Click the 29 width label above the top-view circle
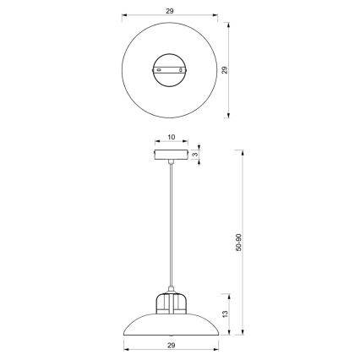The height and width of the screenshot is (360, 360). [x=172, y=11]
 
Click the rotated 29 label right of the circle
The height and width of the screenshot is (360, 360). [x=225, y=70]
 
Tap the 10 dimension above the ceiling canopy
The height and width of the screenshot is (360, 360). [x=172, y=136]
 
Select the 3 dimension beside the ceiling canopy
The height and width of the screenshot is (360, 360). [x=194, y=155]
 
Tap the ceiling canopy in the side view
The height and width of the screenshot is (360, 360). [x=172, y=155]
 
